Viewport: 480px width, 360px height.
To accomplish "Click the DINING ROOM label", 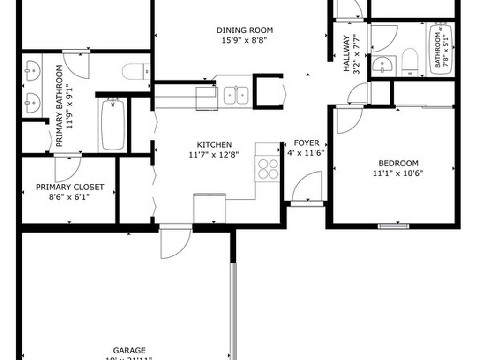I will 245,30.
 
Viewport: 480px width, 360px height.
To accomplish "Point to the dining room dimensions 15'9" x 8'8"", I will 245,40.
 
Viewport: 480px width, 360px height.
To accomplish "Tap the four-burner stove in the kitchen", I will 268,169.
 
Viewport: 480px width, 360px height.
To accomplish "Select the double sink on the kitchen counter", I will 236,95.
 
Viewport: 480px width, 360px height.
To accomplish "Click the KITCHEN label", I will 214,145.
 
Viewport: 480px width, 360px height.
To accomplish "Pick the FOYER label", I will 306,143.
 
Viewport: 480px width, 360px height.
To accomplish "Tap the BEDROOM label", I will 398,164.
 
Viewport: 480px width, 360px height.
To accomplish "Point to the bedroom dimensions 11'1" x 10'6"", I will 398,173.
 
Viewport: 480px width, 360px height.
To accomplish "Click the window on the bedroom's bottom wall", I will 393,226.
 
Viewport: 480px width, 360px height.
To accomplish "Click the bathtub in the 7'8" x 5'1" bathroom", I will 440,49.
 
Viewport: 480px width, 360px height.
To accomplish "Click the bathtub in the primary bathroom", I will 112,124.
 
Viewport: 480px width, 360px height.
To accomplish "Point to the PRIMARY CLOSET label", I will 70,187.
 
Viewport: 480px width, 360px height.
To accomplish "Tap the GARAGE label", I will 129,350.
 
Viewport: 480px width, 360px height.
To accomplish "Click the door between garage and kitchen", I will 175,242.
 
